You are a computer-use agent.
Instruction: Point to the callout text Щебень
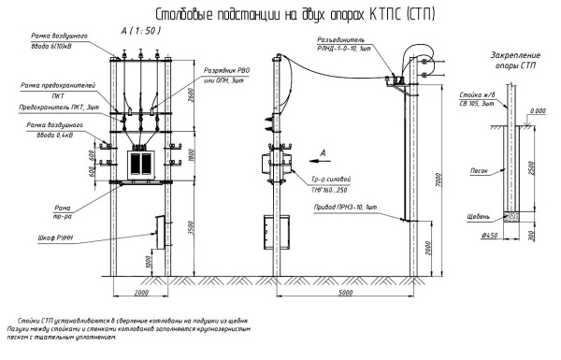478,216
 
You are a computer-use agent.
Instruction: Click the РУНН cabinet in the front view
156,232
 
